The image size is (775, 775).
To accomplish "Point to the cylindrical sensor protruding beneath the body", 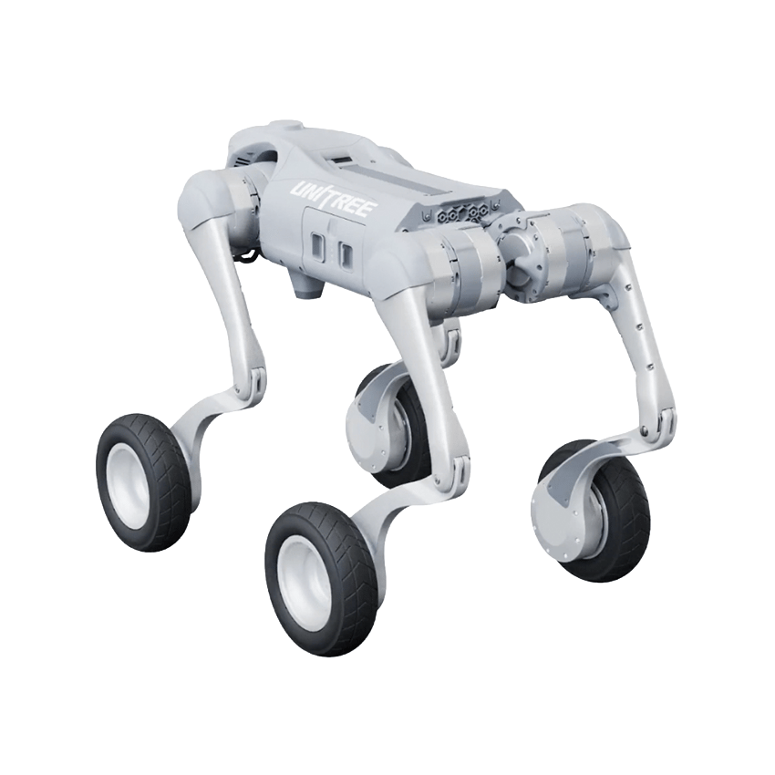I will point(308,285).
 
